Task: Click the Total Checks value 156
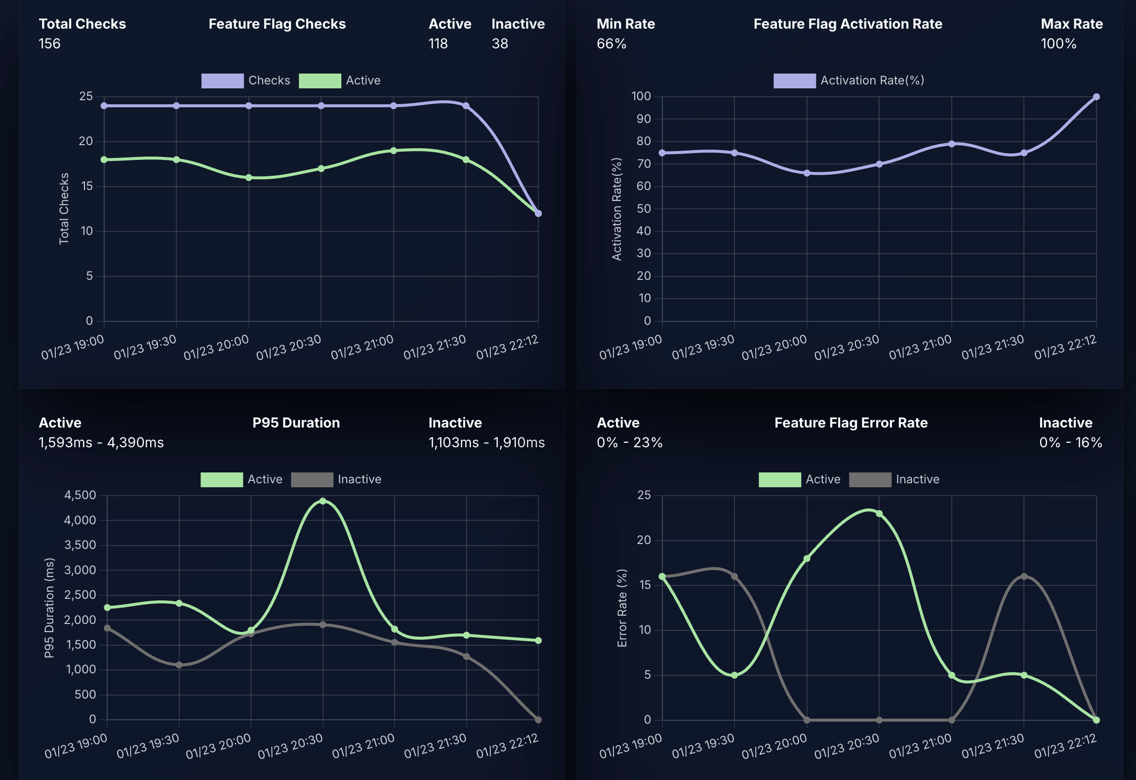(49, 43)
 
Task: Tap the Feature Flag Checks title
(277, 24)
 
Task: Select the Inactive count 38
(500, 43)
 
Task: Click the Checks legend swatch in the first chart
(222, 80)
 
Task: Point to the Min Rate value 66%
(611, 43)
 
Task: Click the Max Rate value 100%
(1058, 43)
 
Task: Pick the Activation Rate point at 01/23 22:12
(1096, 97)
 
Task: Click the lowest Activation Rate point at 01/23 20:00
(807, 173)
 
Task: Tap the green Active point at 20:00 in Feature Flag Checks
(249, 178)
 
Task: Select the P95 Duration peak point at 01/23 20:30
(323, 501)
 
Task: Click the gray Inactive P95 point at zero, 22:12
(538, 720)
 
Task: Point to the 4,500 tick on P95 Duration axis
(80, 495)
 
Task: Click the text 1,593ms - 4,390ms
(101, 442)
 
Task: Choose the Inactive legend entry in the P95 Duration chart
(359, 479)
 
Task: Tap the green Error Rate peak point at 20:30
(879, 514)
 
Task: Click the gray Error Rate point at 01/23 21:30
(1024, 577)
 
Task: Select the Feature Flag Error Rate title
(851, 423)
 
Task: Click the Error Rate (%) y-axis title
(622, 608)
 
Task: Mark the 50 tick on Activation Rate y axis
(644, 209)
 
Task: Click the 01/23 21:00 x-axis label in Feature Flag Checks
(363, 347)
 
